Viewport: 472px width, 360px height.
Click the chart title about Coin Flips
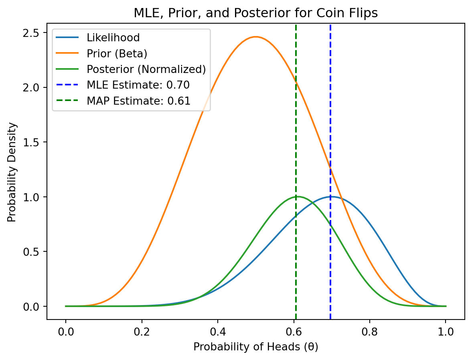pyautogui.click(x=255, y=13)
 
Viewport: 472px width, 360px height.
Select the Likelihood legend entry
pyautogui.click(x=113, y=38)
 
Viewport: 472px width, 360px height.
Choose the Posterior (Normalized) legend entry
pyautogui.click(x=146, y=69)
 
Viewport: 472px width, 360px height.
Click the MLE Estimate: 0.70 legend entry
pyautogui.click(x=138, y=85)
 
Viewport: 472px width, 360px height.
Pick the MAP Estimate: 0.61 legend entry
pyautogui.click(x=138, y=101)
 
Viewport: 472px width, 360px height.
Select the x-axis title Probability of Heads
pyautogui.click(x=255, y=347)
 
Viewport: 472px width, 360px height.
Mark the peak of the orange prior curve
pyautogui.click(x=255, y=37)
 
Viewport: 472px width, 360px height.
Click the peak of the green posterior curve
pyautogui.click(x=297, y=196)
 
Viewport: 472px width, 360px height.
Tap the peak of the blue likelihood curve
pyautogui.click(x=331, y=196)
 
